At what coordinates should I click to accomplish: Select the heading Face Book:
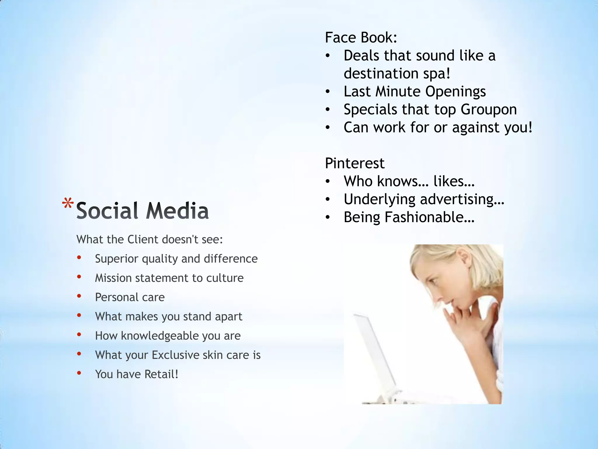click(361, 38)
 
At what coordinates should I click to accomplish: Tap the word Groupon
click(489, 110)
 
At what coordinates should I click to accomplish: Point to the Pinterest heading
click(354, 163)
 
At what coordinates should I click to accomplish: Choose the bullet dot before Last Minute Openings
click(328, 92)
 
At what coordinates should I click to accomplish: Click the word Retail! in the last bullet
click(161, 374)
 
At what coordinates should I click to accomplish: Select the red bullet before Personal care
click(79, 296)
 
